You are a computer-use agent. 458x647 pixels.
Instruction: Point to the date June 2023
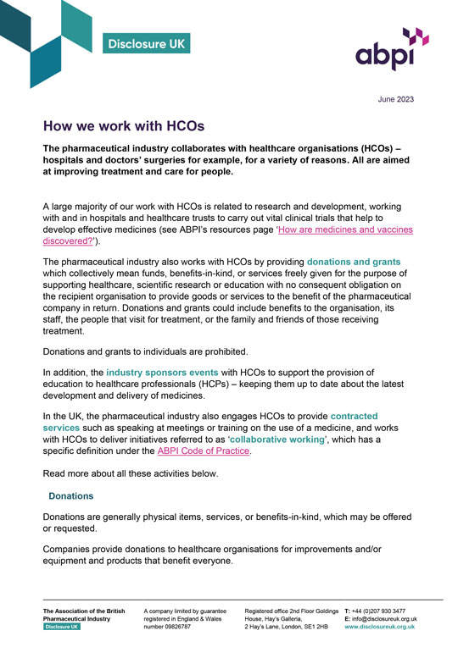click(x=396, y=99)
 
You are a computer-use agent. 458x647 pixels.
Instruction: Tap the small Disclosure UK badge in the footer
click(x=63, y=628)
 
